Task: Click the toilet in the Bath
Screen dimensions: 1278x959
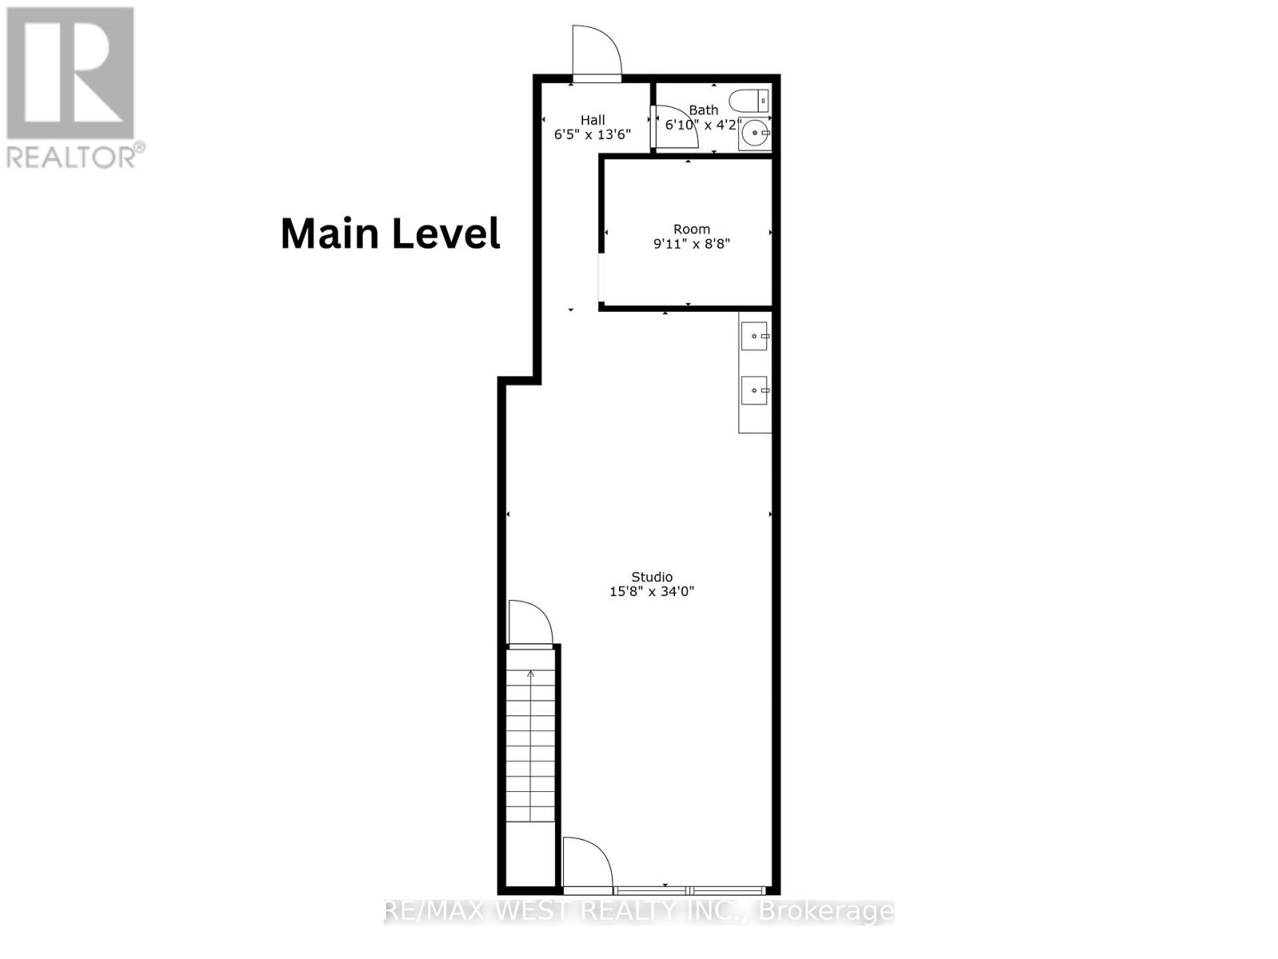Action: (749, 101)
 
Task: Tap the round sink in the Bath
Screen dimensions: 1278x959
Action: (755, 133)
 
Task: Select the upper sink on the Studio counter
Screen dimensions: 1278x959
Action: (755, 336)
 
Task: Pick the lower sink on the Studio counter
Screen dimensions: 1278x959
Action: (755, 390)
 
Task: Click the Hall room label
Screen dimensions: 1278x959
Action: (593, 120)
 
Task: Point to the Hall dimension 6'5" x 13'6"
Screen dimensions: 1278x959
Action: (592, 134)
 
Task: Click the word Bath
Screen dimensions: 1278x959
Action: (704, 109)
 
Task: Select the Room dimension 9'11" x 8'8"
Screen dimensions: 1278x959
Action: (692, 244)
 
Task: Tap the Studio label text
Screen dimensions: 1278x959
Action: (652, 576)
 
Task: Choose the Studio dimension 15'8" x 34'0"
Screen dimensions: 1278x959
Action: (652, 591)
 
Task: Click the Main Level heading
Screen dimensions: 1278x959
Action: (391, 233)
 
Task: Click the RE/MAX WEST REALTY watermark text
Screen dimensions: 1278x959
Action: (639, 911)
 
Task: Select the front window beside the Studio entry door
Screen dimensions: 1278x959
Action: (689, 890)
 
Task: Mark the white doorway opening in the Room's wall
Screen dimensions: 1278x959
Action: (601, 277)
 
